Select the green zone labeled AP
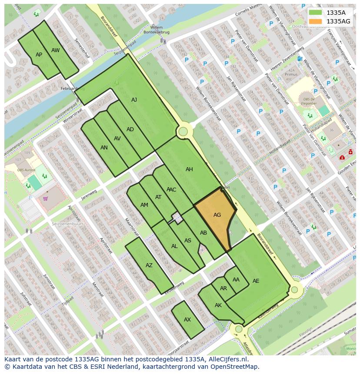tap(39, 55)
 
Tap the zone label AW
tap(55, 50)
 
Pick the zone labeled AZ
tap(149, 265)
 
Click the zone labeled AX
tap(187, 320)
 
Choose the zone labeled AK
tap(218, 305)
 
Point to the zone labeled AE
tap(256, 281)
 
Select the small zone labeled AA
tap(236, 280)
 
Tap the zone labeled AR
tap(223, 288)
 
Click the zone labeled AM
tap(144, 205)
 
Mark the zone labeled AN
tap(104, 148)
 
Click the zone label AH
tap(189, 169)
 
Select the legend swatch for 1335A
tap(315, 13)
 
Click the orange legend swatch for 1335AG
tap(315, 21)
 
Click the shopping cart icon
tap(45, 199)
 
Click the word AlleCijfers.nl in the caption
tap(228, 359)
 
